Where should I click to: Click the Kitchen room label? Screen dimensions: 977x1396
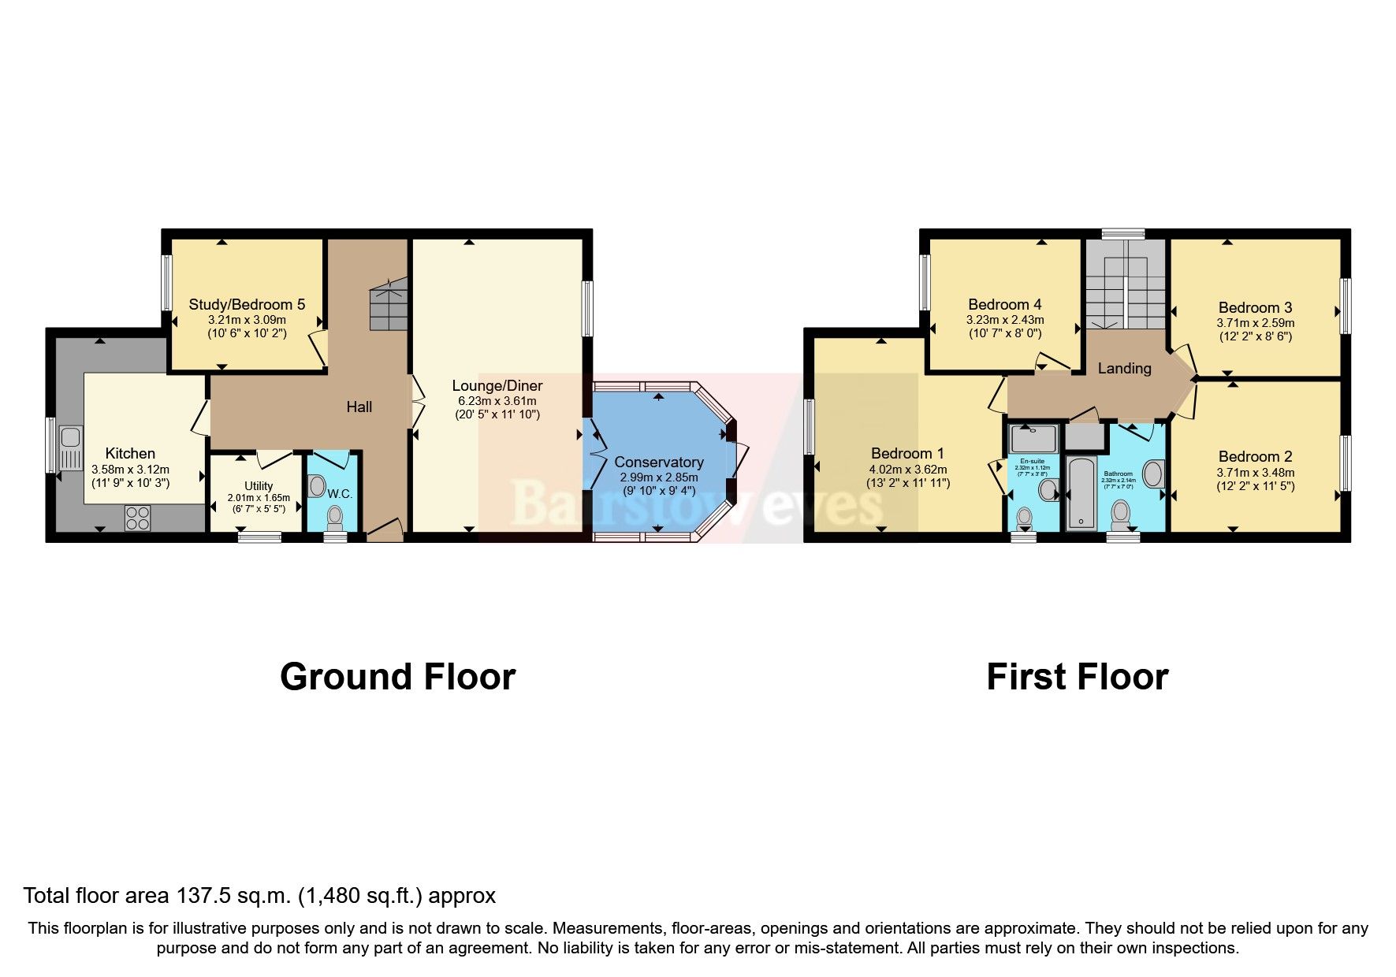click(130, 453)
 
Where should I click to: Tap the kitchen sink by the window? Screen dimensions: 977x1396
click(69, 448)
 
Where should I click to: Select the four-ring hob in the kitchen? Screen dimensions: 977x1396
click(137, 518)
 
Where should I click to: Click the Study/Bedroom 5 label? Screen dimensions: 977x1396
click(247, 304)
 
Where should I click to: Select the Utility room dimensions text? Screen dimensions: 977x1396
click(259, 498)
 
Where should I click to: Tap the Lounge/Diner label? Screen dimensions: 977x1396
click(497, 385)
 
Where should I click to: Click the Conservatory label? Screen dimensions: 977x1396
click(658, 462)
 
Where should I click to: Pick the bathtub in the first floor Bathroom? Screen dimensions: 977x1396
click(1081, 492)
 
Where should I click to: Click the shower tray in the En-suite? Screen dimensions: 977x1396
click(1033, 438)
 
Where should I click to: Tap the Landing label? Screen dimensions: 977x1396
click(1124, 368)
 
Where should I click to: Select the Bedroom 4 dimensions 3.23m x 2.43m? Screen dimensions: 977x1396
click(1005, 320)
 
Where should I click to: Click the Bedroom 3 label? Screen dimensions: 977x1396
click(1255, 307)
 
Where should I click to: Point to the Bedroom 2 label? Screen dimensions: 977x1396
click(1255, 456)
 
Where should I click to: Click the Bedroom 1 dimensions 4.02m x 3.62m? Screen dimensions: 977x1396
click(908, 469)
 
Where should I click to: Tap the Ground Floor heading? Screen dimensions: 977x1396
click(397, 677)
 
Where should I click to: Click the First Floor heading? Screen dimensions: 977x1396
click(1077, 677)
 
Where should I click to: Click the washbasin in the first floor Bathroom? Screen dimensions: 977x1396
click(1152, 474)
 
